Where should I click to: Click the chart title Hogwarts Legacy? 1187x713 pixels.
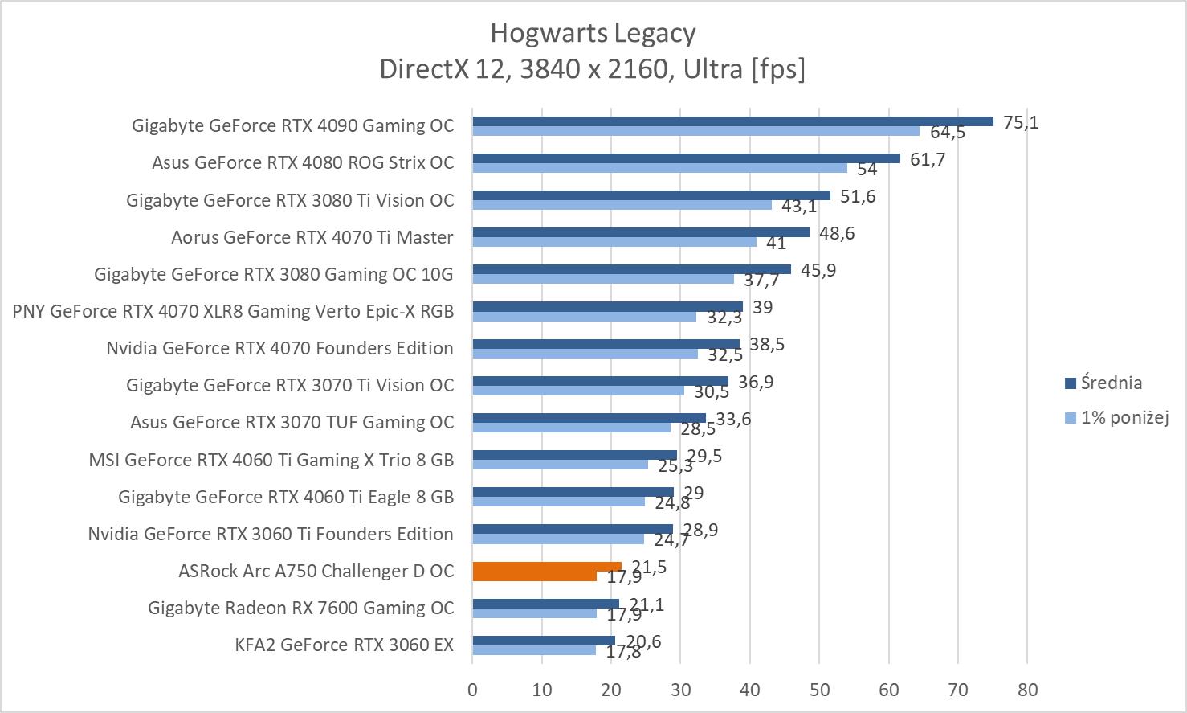[x=593, y=34]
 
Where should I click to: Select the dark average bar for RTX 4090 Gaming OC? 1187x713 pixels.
[x=732, y=121]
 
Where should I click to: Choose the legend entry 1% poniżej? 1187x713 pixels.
[x=1124, y=417]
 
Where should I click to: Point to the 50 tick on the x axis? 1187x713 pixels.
[x=819, y=689]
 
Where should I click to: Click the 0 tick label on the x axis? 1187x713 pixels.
[x=472, y=689]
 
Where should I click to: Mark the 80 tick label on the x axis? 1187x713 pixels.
[x=1027, y=689]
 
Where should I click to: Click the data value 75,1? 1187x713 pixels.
[x=1021, y=122]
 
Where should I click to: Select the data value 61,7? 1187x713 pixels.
[x=928, y=159]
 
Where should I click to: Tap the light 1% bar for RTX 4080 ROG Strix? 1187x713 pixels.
[x=659, y=168]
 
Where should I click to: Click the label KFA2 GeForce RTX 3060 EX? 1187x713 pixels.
[x=345, y=645]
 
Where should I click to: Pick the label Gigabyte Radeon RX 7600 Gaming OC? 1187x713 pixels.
[x=300, y=608]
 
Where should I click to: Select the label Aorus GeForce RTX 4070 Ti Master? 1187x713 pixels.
[x=312, y=237]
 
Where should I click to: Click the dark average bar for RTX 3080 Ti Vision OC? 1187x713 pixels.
[x=651, y=195]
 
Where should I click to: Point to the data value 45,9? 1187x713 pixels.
[x=818, y=270]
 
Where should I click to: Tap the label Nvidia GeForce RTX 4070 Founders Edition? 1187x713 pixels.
[x=279, y=348]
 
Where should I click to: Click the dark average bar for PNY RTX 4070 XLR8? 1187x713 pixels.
[x=607, y=307]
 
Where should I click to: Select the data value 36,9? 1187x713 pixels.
[x=756, y=382]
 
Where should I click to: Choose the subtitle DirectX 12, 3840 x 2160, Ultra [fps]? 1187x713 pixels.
[x=593, y=69]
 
